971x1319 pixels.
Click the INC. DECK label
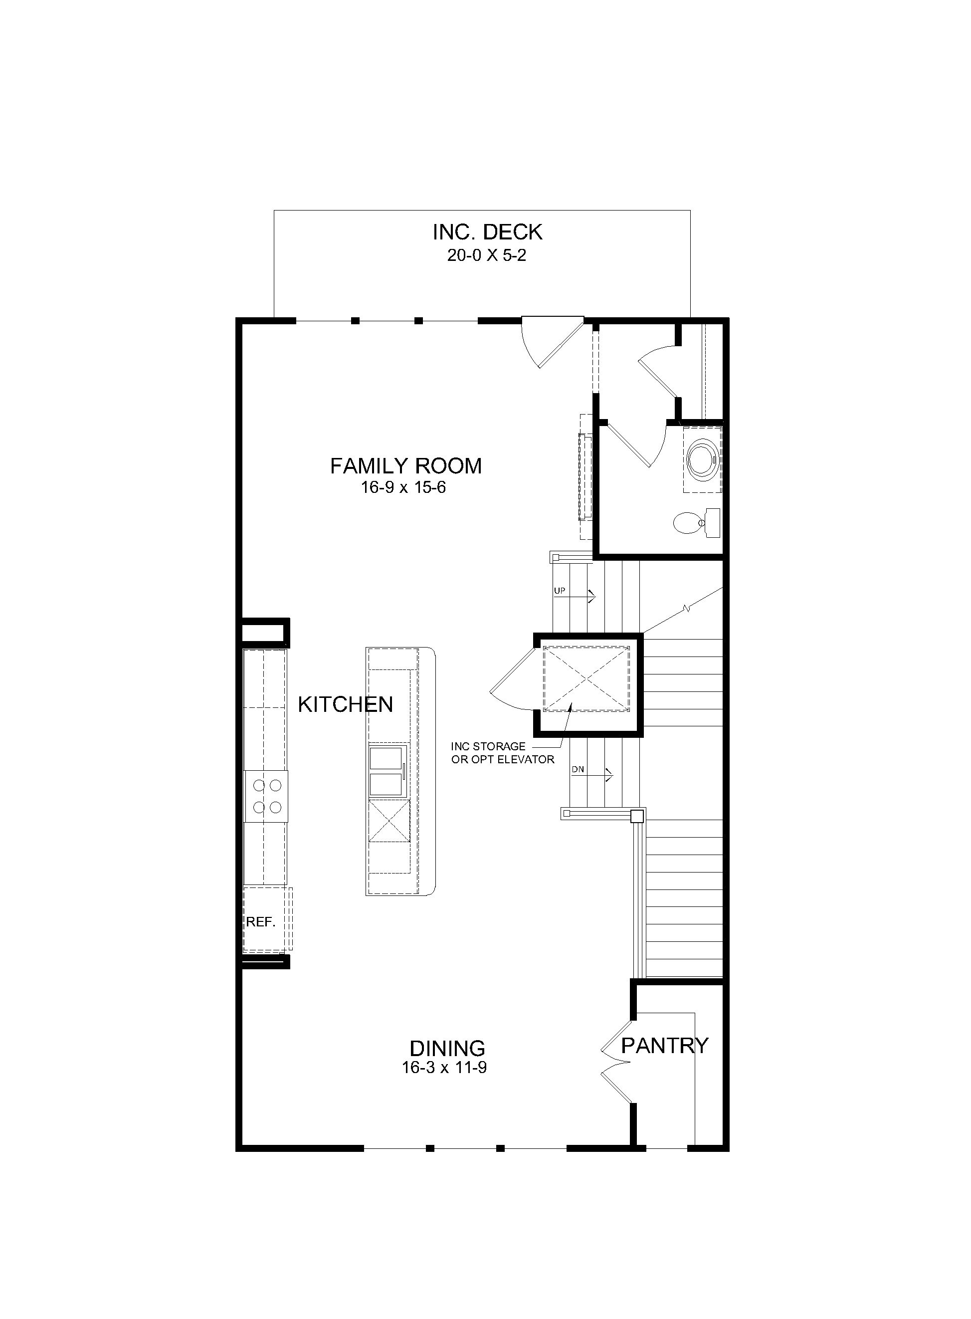click(x=487, y=232)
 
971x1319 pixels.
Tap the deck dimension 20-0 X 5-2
click(x=487, y=256)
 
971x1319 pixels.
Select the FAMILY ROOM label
click(x=405, y=466)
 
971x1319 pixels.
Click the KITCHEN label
click(x=346, y=704)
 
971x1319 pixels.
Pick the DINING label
click(x=447, y=1048)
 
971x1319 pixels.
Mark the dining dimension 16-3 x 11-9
click(x=444, y=1068)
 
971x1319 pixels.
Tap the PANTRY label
click(x=665, y=1045)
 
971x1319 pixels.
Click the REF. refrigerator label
click(x=260, y=922)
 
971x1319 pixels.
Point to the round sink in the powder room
click(x=702, y=459)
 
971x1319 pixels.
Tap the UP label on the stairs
click(x=560, y=590)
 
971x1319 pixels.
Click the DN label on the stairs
click(x=578, y=769)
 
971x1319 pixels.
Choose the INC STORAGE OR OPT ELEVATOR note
click(x=503, y=753)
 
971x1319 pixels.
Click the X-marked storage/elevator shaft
click(x=586, y=678)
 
